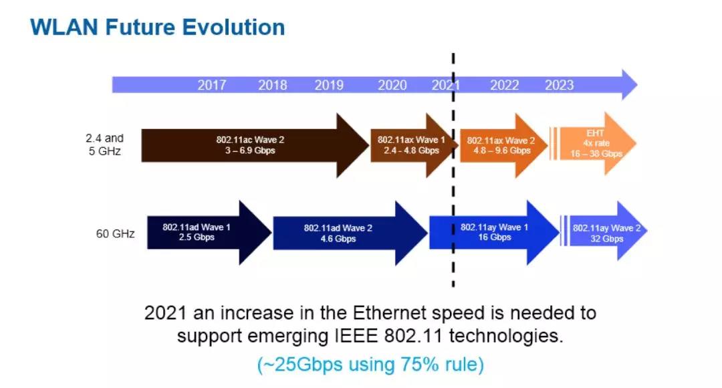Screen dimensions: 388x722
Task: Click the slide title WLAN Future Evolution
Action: [x=158, y=27]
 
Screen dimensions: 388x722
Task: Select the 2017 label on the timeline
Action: [x=212, y=85]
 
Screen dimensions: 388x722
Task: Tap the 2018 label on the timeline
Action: [x=273, y=85]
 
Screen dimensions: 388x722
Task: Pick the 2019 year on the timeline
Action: [x=329, y=85]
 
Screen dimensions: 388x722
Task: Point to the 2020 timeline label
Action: [x=392, y=85]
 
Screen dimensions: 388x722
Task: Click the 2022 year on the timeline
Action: [x=504, y=85]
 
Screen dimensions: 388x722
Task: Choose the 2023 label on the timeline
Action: [x=559, y=85]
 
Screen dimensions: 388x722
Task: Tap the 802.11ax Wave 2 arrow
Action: [x=501, y=145]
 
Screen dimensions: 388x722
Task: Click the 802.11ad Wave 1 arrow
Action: [x=197, y=232]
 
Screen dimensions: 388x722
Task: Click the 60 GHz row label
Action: [x=115, y=234]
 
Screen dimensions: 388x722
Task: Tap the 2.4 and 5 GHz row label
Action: [x=104, y=144]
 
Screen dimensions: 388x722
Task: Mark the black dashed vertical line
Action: [x=454, y=201]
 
